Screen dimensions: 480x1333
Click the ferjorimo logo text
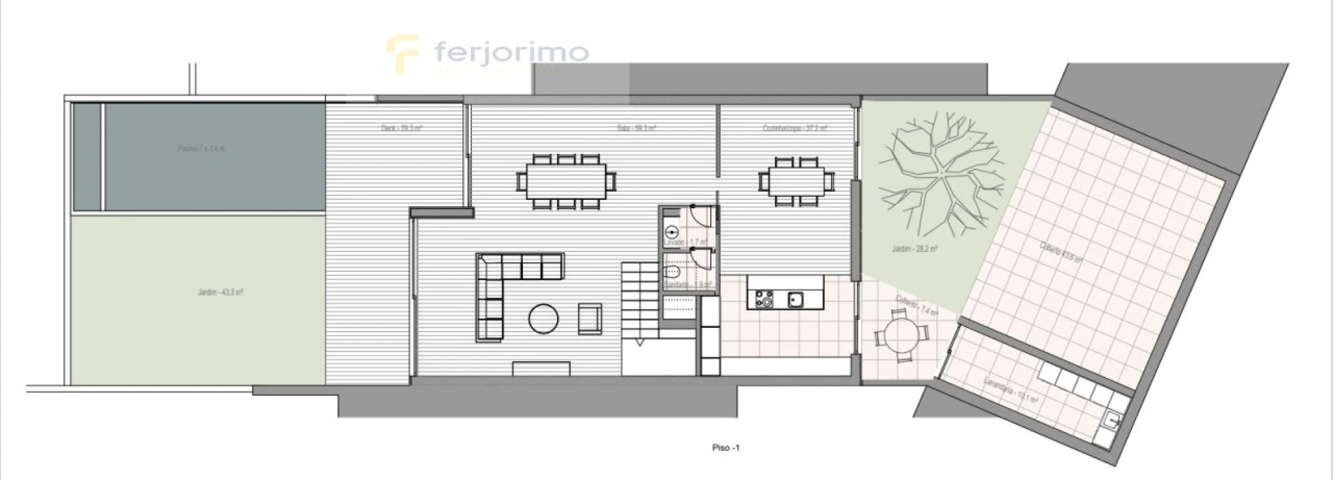point(511,51)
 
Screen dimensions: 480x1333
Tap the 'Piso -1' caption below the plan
point(726,448)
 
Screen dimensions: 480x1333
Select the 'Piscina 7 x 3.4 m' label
point(201,149)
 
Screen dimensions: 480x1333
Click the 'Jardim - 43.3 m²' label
point(220,292)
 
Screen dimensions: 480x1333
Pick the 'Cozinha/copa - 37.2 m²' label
point(795,128)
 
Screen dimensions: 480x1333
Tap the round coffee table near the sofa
point(543,319)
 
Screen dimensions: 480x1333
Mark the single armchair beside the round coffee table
point(590,319)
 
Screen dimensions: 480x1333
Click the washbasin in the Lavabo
point(672,233)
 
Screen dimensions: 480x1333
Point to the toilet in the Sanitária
point(672,273)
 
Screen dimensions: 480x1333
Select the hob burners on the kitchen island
point(764,299)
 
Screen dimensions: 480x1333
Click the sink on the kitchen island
point(795,300)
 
